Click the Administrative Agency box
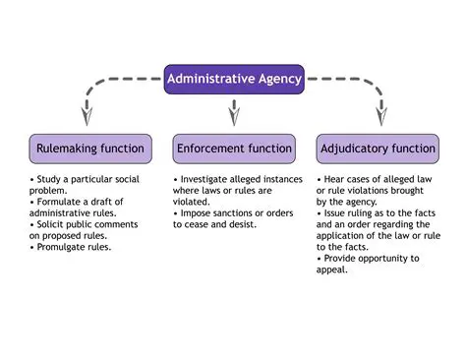pyautogui.click(x=234, y=78)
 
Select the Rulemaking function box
pyautogui.click(x=90, y=149)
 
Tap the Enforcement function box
pyautogui.click(x=233, y=149)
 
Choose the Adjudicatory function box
pyautogui.click(x=377, y=149)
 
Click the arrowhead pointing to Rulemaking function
pyautogui.click(x=87, y=117)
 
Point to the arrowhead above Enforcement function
pyautogui.click(x=233, y=117)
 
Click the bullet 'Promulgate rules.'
pyautogui.click(x=71, y=247)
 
